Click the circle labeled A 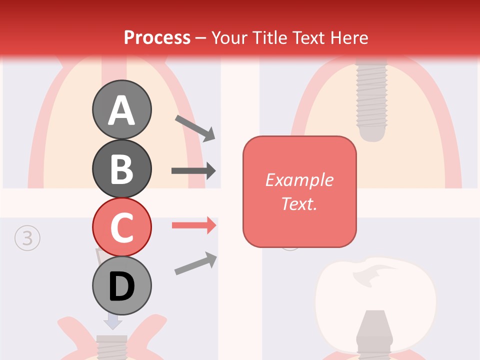click(x=121, y=109)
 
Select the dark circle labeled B click(x=121, y=168)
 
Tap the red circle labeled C click(x=121, y=227)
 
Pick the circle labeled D click(x=121, y=286)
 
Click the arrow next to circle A click(x=195, y=127)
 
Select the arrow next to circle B click(x=193, y=171)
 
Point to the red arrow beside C click(x=194, y=225)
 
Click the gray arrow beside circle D click(x=195, y=263)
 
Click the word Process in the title click(x=157, y=37)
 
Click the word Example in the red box click(x=299, y=180)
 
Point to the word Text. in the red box click(x=299, y=204)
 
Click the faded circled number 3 click(x=27, y=238)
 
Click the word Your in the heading click(x=228, y=37)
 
